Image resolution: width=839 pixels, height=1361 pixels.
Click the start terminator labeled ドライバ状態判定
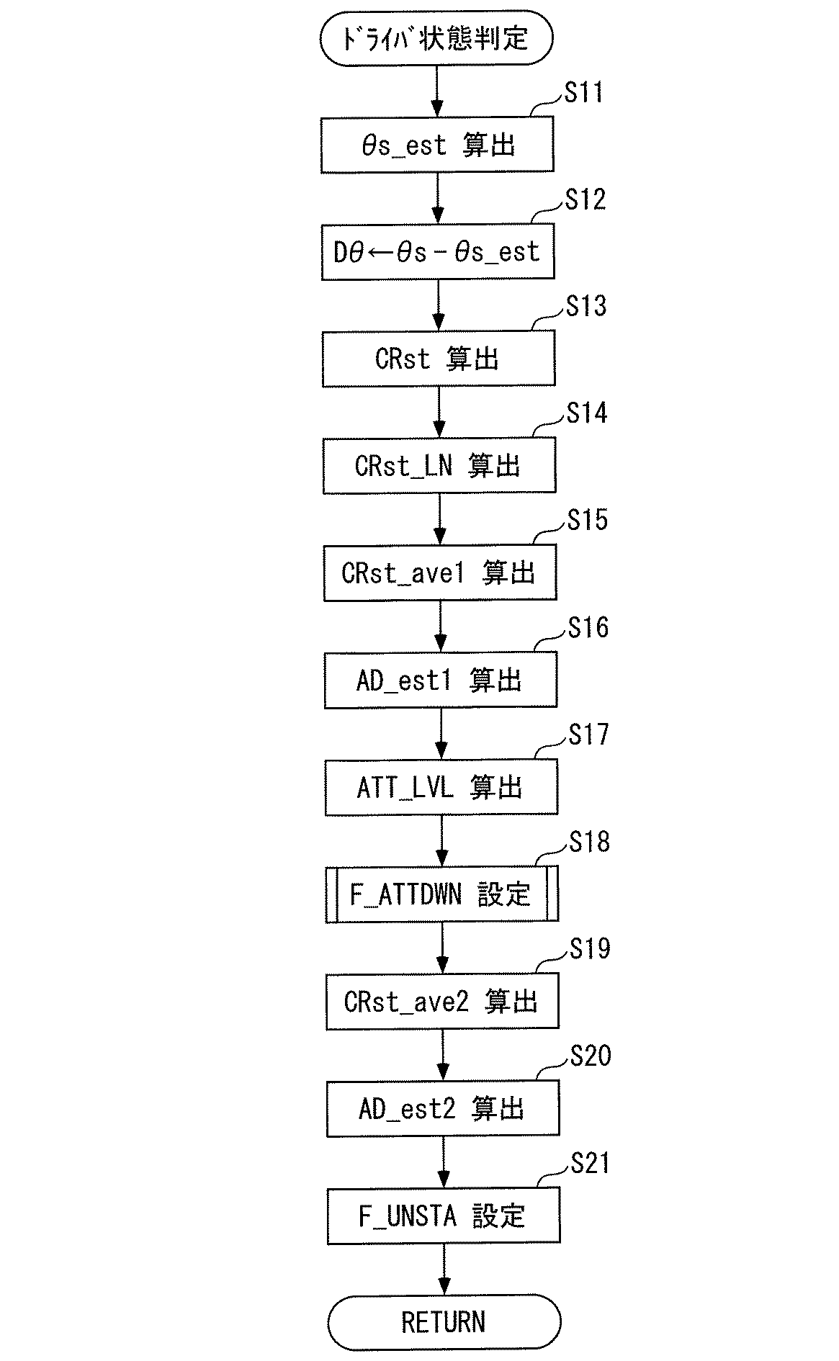tap(436, 37)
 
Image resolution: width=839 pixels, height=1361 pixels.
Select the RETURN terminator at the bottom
tap(444, 1322)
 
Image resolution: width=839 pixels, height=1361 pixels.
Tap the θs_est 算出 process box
tap(437, 145)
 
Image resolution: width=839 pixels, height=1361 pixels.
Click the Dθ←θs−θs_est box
tap(438, 252)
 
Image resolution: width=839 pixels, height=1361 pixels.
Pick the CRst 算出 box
tap(439, 359)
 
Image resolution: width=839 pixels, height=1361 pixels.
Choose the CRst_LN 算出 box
tap(439, 466)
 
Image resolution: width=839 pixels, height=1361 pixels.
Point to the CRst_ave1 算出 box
tap(440, 572)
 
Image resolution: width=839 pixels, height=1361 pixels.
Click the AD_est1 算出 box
tap(441, 680)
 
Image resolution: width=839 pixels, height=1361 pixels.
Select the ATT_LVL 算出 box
tap(441, 787)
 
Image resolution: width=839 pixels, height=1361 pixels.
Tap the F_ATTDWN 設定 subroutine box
tap(442, 894)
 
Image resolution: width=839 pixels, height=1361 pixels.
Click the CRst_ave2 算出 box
tap(442, 1001)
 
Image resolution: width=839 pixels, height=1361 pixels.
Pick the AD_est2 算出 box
tap(443, 1108)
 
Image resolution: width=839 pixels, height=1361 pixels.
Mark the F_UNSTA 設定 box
tap(444, 1216)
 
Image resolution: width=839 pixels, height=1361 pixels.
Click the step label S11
tap(584, 93)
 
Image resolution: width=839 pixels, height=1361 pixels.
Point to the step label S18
tap(590, 842)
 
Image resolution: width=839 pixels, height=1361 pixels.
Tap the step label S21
tap(591, 1163)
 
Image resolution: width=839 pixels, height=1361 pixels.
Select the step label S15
tap(588, 520)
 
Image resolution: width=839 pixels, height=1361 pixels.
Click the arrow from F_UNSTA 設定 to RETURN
tap(444, 1269)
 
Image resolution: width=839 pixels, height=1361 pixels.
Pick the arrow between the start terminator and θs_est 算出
tap(436, 91)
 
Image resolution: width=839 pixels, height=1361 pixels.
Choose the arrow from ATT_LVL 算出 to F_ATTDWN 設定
tap(441, 840)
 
